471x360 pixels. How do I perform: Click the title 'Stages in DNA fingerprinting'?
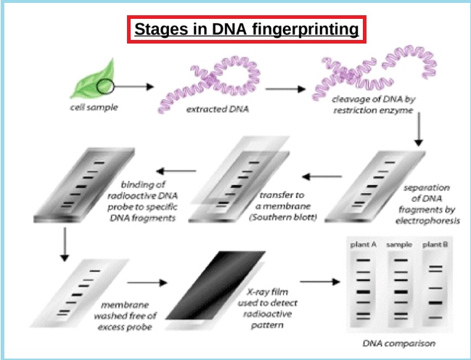245,30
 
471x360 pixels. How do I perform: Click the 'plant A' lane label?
362,246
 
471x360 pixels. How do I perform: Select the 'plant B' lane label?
435,246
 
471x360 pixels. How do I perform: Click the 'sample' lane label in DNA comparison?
398,246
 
